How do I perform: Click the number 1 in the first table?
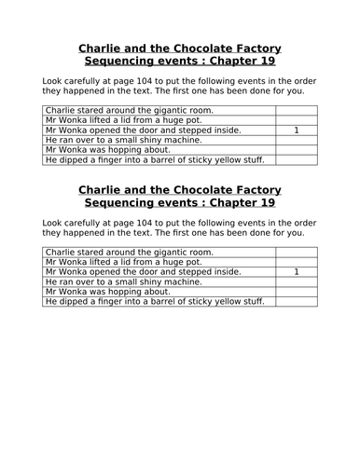coord(296,130)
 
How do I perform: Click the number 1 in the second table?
coord(296,271)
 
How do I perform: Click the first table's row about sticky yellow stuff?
coord(155,160)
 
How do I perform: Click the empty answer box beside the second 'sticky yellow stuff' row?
coord(296,301)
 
